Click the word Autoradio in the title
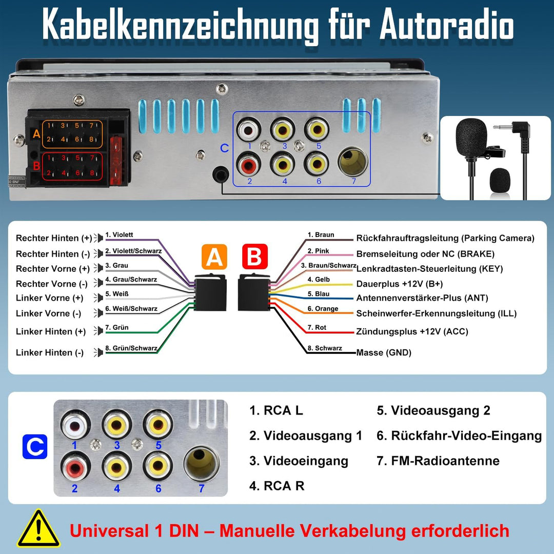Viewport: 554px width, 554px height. point(446,26)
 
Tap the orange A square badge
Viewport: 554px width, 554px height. point(214,257)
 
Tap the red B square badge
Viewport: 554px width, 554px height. point(254,257)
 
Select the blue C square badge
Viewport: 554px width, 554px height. point(35,446)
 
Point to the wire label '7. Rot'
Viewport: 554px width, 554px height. point(316,327)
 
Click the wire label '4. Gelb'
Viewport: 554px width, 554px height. point(319,280)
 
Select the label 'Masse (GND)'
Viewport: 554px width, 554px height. point(384,352)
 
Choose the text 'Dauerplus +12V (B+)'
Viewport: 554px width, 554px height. point(400,284)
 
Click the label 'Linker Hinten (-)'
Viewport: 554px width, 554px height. point(50,352)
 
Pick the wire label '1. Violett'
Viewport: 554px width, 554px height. point(119,235)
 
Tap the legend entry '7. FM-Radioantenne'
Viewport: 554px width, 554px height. point(438,461)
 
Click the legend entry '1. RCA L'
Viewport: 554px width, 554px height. point(276,410)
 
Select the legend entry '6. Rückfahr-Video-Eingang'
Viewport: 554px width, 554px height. point(459,436)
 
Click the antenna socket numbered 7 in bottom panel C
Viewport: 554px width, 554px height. point(201,463)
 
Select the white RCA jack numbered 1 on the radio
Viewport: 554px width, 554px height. point(250,129)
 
